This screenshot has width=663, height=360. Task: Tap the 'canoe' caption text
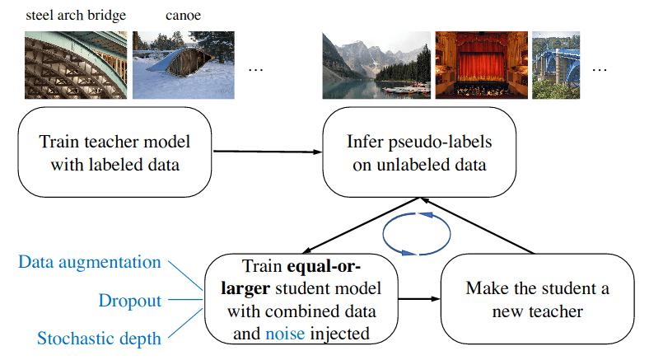click(182, 15)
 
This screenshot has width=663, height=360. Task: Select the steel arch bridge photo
click(76, 65)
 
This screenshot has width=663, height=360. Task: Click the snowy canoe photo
click(183, 65)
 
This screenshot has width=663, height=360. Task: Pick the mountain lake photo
click(375, 65)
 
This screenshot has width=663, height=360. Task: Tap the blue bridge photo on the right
click(556, 65)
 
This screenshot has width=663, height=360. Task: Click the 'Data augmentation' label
click(90, 263)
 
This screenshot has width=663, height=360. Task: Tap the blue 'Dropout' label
click(129, 301)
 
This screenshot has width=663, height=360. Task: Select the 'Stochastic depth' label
click(100, 338)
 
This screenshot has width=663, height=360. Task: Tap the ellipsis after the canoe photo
click(255, 69)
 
